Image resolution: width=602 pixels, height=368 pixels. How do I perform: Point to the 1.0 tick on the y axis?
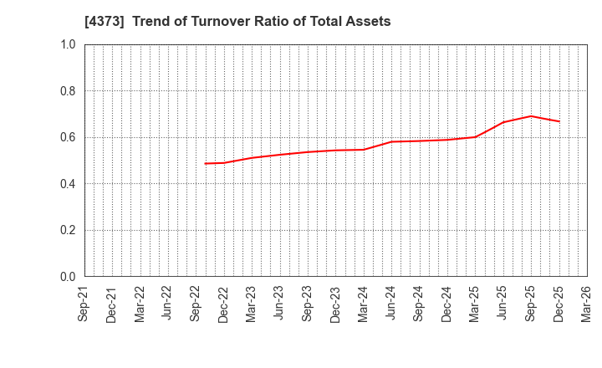pyautogui.click(x=67, y=44)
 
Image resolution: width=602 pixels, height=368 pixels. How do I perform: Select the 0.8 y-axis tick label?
pyautogui.click(x=67, y=91)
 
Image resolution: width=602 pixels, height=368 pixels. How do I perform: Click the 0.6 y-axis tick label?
pyautogui.click(x=67, y=137)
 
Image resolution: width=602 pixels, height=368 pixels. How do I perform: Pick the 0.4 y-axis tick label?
pyautogui.click(x=67, y=184)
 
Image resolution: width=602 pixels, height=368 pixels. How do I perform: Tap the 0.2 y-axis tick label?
pyautogui.click(x=67, y=230)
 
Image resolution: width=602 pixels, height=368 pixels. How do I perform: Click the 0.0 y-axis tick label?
pyautogui.click(x=67, y=277)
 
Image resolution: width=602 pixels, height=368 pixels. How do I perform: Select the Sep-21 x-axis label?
pyautogui.click(x=84, y=304)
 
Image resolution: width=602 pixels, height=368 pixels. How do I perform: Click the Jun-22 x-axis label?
pyautogui.click(x=168, y=304)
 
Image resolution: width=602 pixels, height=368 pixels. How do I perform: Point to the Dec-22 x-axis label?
pyautogui.click(x=224, y=304)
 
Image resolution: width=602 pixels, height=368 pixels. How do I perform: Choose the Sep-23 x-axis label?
pyautogui.click(x=308, y=304)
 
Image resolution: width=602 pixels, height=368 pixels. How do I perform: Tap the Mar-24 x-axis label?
pyautogui.click(x=364, y=304)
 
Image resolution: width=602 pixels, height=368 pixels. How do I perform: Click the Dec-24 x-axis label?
pyautogui.click(x=447, y=304)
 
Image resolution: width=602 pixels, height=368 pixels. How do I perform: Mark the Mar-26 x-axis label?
pyautogui.click(x=587, y=304)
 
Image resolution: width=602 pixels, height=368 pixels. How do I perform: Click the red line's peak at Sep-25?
pyautogui.click(x=531, y=116)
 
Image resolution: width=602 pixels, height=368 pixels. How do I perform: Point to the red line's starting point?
pyautogui.click(x=205, y=163)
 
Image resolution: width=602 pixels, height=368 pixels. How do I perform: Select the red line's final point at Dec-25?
pyautogui.click(x=559, y=121)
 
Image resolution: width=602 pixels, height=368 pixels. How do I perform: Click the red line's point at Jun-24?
pyautogui.click(x=391, y=141)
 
